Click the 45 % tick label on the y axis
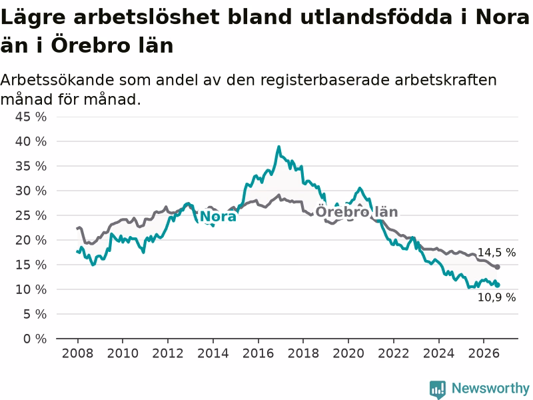pos(31,117)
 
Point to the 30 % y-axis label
pos(31,191)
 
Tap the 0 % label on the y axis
pos(35,339)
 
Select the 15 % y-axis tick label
pos(31,265)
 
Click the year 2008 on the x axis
pos(77,353)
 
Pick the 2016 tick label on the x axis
pos(258,353)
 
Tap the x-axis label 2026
pos(484,353)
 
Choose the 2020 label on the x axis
pos(348,353)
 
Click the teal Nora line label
pos(218,217)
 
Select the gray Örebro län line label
pos(356,212)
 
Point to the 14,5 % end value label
pos(496,253)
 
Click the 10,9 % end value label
pos(496,297)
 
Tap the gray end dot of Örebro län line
pos(497,267)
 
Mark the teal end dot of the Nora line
pos(497,285)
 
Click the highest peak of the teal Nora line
pos(278,147)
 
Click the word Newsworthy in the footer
pos(490,388)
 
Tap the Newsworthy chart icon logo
pos(438,389)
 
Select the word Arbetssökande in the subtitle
pos(57,80)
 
